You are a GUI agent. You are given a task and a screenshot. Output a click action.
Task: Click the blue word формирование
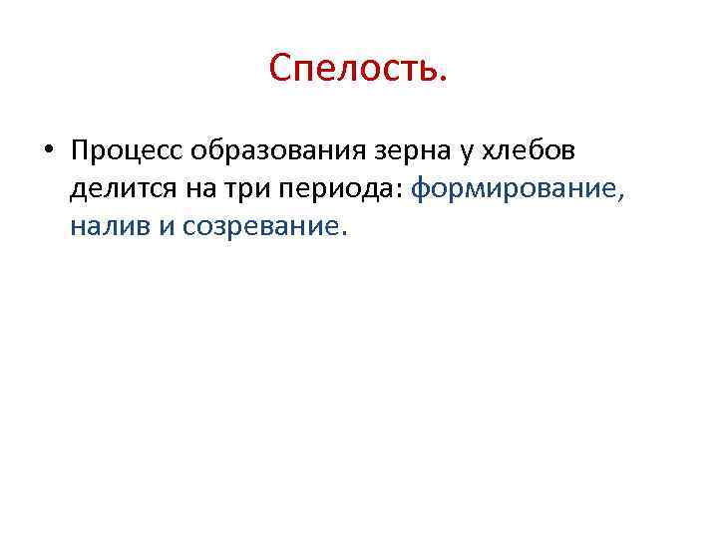point(516,189)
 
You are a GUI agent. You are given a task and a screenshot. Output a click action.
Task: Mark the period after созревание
point(345,235)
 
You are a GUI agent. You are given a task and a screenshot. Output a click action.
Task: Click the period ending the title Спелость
point(443,81)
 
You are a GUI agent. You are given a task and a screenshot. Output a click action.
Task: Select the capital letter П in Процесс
point(81,151)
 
